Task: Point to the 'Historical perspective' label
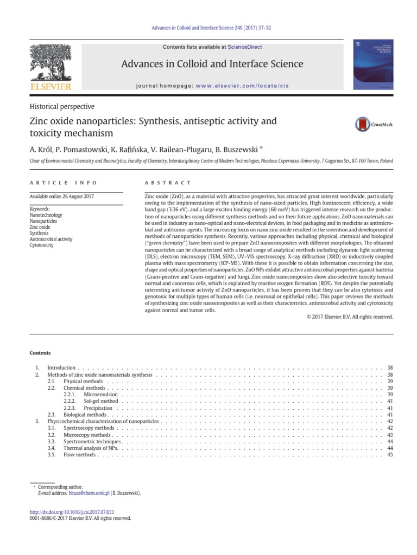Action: [62, 107]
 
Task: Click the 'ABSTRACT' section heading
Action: [168, 183]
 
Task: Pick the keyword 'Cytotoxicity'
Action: [42, 246]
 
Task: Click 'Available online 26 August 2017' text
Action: [61, 196]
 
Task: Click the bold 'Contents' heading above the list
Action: [40, 353]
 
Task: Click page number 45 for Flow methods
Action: [389, 455]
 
